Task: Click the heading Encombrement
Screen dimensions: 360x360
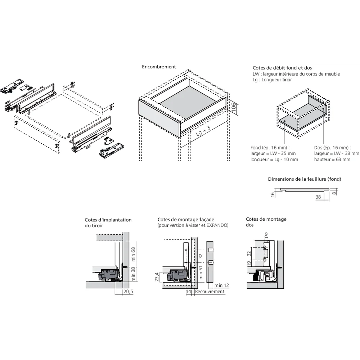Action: (159, 67)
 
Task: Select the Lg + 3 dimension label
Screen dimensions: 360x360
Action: (203, 132)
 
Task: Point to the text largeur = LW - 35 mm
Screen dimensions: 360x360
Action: (273, 153)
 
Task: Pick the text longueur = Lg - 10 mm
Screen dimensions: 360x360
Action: (274, 159)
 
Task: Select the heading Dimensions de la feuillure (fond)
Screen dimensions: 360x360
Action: (304, 179)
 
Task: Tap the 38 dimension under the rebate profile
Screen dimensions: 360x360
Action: (318, 197)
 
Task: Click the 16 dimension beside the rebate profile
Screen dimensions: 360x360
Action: (273, 194)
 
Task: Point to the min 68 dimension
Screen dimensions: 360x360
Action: (133, 254)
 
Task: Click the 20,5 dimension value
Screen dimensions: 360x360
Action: (128, 291)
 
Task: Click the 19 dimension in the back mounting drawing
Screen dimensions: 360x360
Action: (249, 265)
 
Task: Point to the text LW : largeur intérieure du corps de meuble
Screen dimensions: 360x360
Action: (296, 74)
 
